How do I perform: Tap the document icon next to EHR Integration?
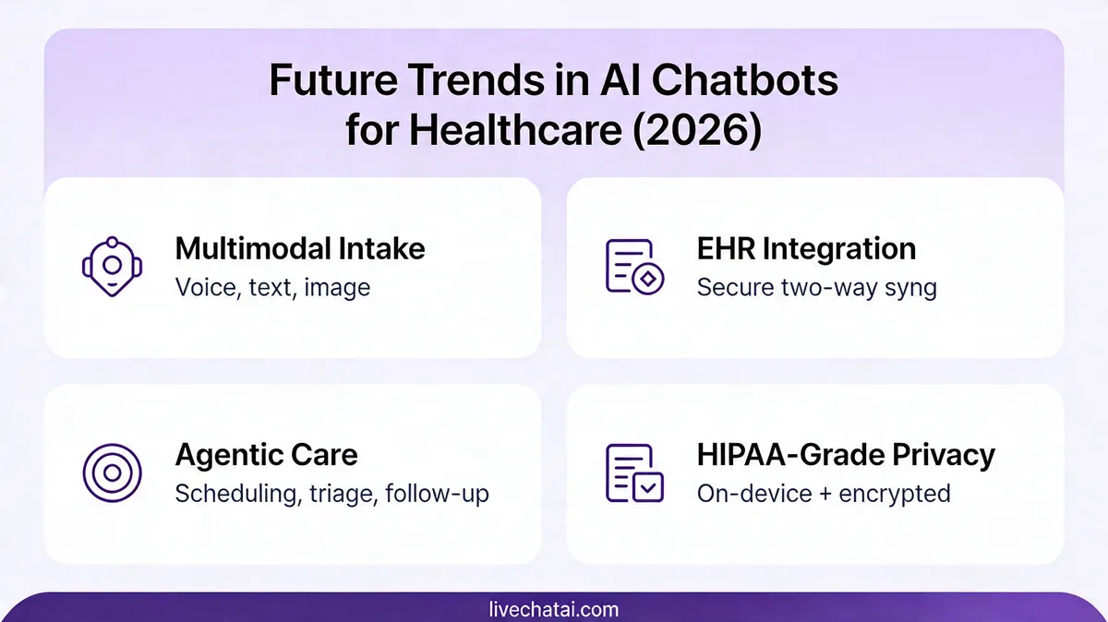(633, 267)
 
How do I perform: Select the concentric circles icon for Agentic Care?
(112, 472)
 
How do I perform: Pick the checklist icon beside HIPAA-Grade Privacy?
(633, 472)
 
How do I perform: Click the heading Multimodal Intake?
(300, 248)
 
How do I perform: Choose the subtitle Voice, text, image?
(272, 287)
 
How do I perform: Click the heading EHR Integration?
(806, 248)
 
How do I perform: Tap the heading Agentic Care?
(266, 454)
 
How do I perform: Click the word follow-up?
(437, 493)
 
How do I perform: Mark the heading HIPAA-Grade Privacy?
(846, 454)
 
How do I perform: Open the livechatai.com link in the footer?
(554, 609)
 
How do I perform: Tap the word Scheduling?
(236, 493)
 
